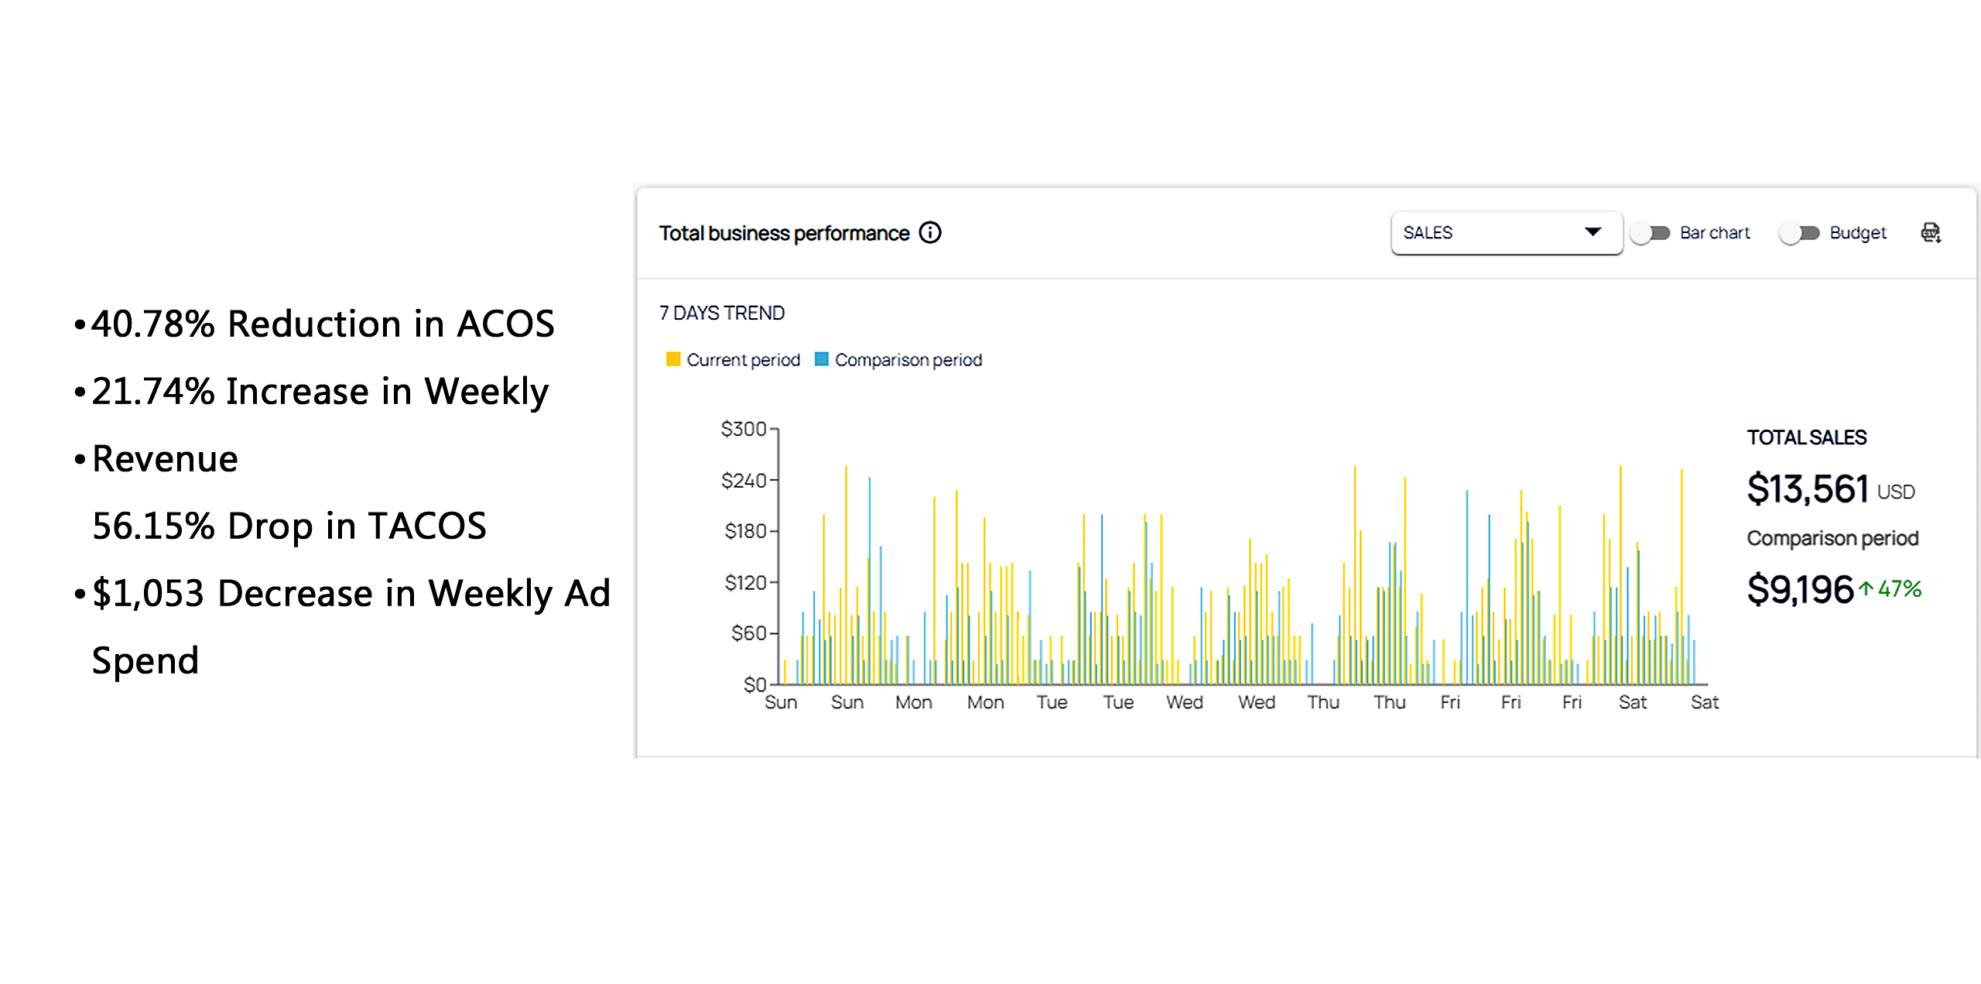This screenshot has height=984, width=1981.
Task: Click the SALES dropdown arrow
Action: coord(1593,232)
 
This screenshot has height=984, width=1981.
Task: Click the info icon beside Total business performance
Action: coord(930,232)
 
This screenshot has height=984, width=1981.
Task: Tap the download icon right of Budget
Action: coord(1931,232)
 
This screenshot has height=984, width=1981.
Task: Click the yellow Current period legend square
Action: coord(673,359)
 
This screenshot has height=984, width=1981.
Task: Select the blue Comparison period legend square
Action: coord(822,359)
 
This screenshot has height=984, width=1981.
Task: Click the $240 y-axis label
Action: coord(743,481)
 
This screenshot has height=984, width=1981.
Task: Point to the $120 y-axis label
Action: coord(744,582)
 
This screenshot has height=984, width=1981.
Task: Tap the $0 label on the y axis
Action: coord(754,684)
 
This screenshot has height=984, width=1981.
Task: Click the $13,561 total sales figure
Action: coord(1808,489)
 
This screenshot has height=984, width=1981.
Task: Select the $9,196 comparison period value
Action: coord(1800,590)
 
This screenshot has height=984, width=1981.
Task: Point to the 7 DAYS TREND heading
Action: coord(721,313)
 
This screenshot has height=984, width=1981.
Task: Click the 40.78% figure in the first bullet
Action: coord(152,324)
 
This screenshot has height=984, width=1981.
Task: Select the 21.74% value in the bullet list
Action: coord(152,391)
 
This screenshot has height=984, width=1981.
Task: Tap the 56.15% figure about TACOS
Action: coord(152,526)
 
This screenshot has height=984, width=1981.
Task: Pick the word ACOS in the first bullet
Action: coord(505,324)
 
